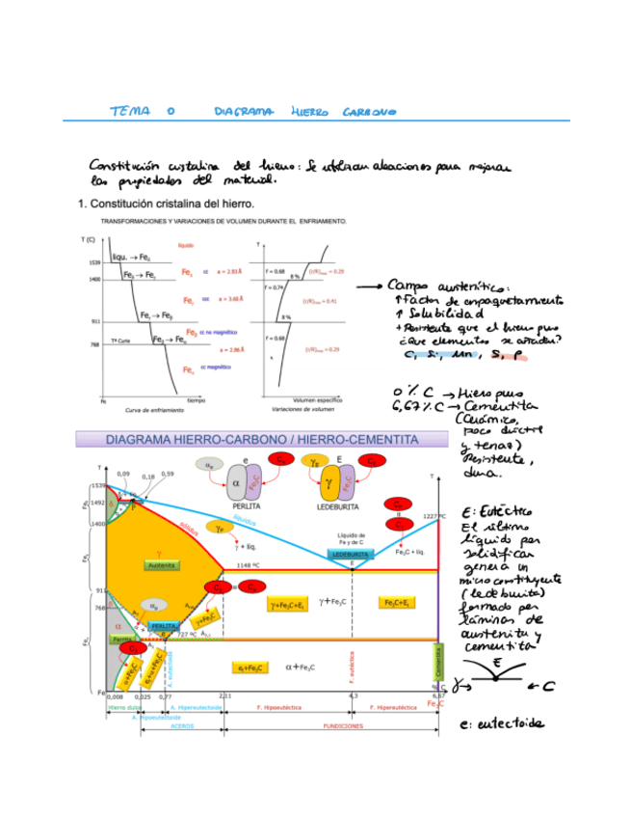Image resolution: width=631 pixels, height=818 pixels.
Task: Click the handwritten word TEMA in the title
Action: (x=130, y=112)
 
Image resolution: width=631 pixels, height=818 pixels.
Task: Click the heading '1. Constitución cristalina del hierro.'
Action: (x=165, y=204)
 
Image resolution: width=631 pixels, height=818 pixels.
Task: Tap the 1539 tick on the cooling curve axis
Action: (x=94, y=262)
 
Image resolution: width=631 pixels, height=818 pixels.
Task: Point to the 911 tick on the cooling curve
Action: (x=94, y=320)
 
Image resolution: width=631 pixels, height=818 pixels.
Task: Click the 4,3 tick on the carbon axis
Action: (x=353, y=695)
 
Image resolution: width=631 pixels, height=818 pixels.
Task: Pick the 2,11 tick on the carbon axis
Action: (x=224, y=695)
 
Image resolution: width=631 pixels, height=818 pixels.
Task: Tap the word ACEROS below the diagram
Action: (x=182, y=725)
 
